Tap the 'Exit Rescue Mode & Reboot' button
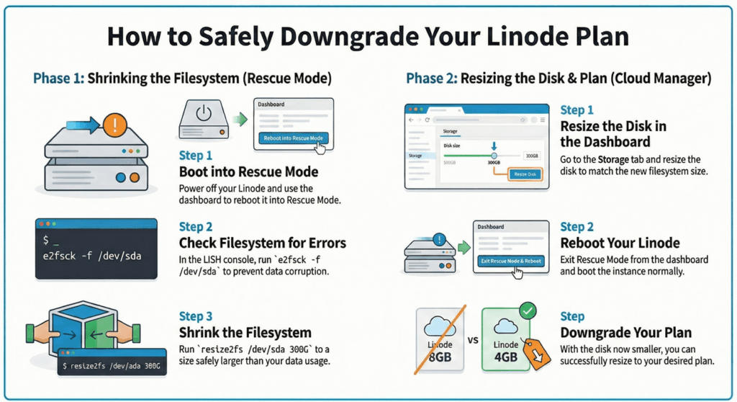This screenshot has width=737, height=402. coord(510,260)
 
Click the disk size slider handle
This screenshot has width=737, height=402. coord(494,156)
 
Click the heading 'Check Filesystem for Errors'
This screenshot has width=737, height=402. coord(262,242)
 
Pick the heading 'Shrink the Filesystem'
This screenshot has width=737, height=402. coord(245,332)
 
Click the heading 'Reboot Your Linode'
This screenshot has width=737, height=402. coord(620,243)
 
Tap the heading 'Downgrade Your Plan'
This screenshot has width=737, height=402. coord(625,332)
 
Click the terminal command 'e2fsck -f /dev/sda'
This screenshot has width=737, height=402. coord(96,255)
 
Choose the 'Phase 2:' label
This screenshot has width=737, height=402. coord(431,78)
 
